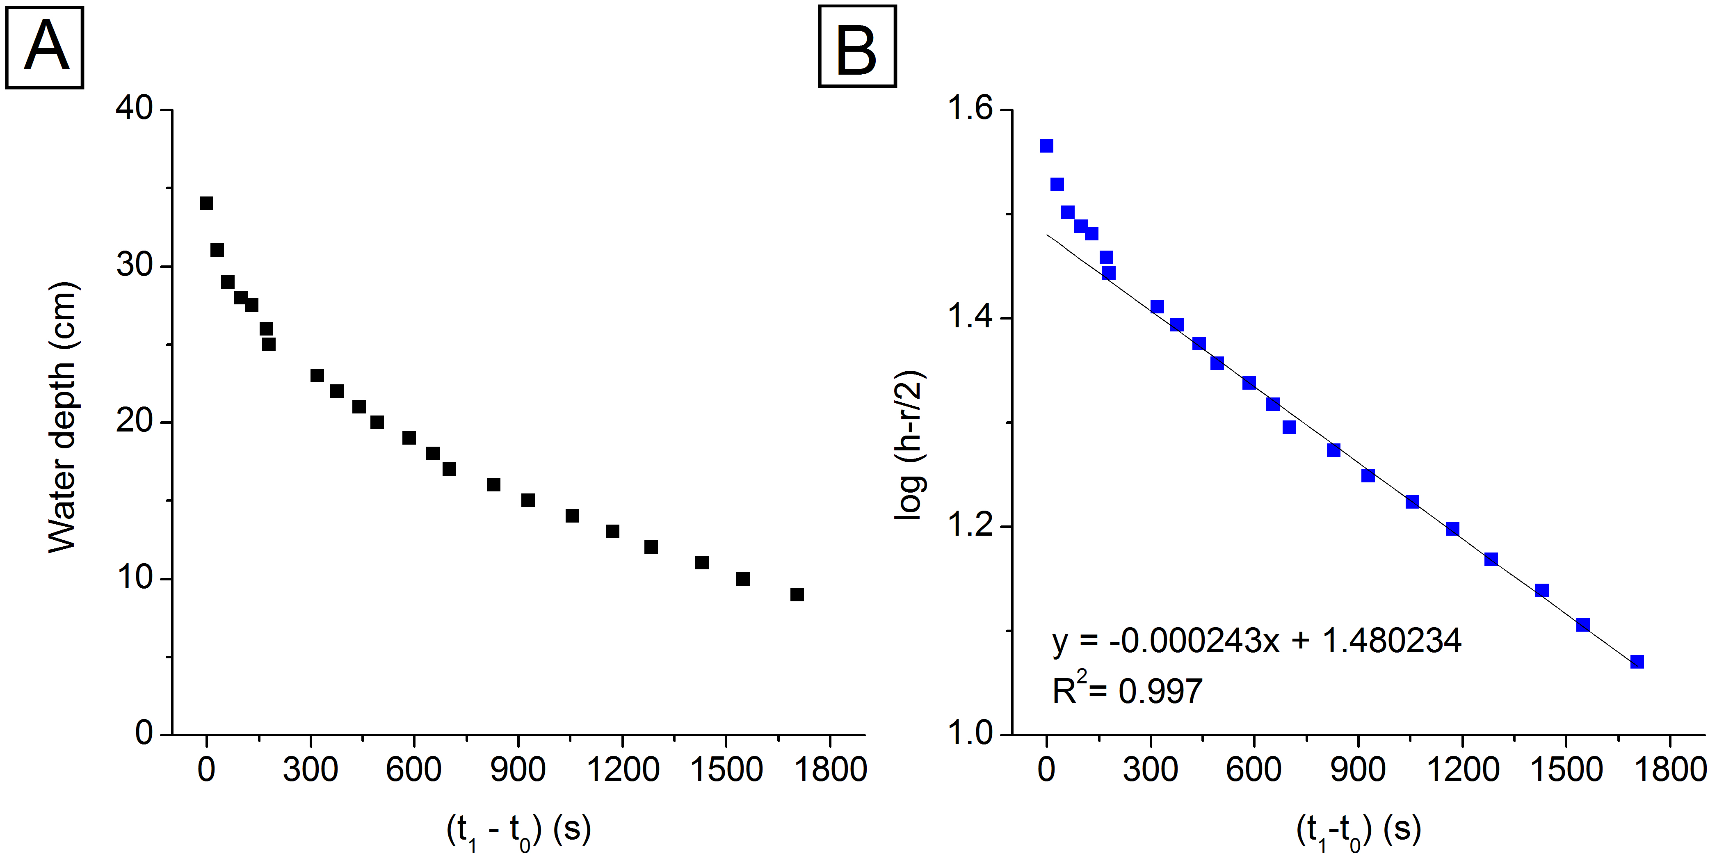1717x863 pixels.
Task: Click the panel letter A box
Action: click(x=45, y=47)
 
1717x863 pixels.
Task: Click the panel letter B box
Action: click(x=857, y=47)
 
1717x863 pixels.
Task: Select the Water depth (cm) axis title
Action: click(x=63, y=417)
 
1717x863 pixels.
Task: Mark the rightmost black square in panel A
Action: click(x=797, y=594)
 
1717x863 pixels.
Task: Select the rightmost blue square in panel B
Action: click(x=1637, y=662)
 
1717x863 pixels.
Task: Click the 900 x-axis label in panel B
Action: click(x=1358, y=770)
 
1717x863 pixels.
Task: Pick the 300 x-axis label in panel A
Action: click(x=310, y=770)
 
